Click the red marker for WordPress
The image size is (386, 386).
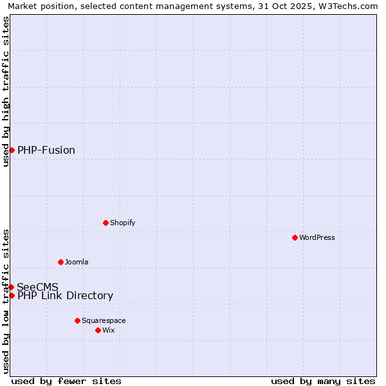[295, 237]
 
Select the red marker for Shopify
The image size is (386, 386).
[106, 223]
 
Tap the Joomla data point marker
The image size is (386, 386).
[60, 262]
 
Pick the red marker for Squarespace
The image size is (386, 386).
[77, 320]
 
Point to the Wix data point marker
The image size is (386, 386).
[98, 330]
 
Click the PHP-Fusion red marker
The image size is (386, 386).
[12, 150]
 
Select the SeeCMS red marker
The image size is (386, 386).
[11, 287]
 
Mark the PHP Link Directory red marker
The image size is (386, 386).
[12, 295]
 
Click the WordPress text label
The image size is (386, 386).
[317, 237]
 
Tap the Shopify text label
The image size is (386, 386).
[122, 223]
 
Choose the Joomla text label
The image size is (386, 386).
[77, 262]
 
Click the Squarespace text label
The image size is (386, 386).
[104, 320]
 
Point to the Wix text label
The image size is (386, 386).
[109, 330]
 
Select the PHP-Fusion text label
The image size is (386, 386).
[46, 150]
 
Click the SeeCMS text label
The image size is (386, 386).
[38, 287]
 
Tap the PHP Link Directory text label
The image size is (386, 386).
[65, 295]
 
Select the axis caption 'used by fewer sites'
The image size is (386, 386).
[66, 381]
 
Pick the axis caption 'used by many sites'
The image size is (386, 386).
[323, 381]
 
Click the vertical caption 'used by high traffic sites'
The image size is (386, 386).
[6, 91]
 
